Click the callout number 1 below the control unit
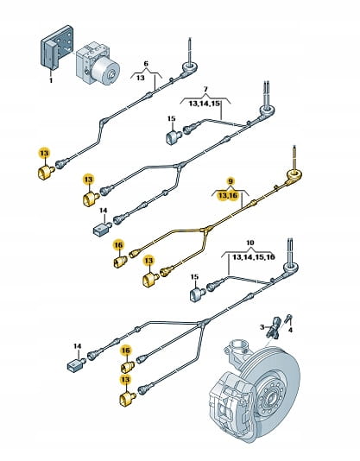pos(51,80)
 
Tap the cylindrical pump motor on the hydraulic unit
pos(105,71)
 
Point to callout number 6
pos(146,64)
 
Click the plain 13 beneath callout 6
pos(141,78)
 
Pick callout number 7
pos(205,89)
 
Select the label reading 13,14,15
pos(205,104)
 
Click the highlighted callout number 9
pos(231,180)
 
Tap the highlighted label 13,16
pos(227,195)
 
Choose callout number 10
pos(249,243)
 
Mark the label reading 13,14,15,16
pos(254,257)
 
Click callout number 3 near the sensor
pos(262,327)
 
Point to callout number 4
pos(290,330)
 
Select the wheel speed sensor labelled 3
pos(275,327)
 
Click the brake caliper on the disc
pos(232,401)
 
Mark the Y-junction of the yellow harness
pos(207,230)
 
